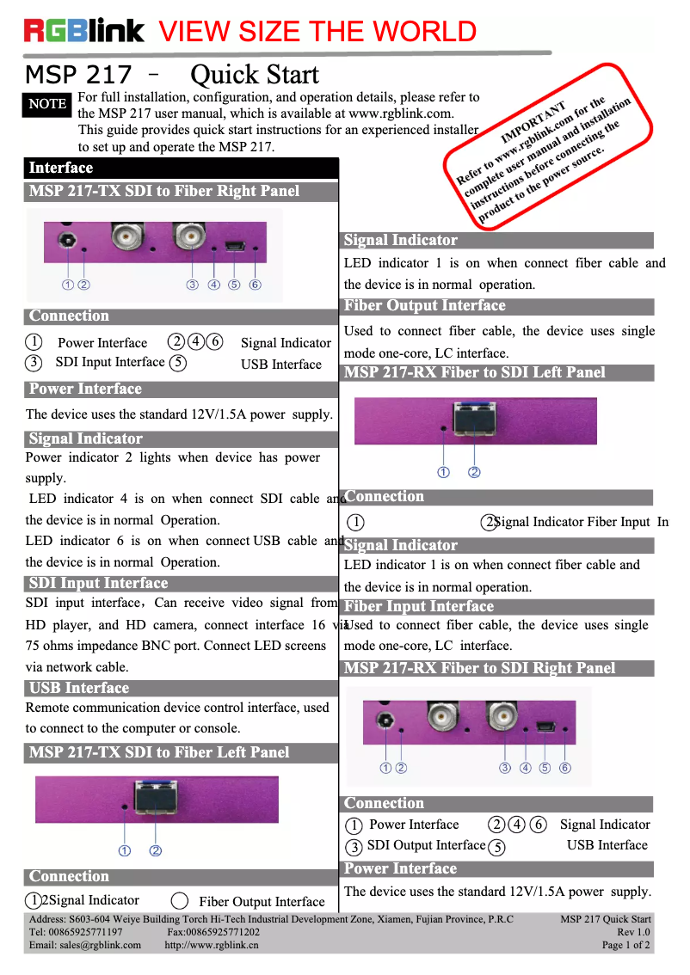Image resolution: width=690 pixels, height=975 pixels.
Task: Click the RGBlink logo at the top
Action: tap(84, 31)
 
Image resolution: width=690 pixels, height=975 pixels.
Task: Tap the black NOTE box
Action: tap(47, 104)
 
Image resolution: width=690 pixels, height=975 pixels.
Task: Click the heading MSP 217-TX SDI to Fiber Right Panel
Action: tap(164, 191)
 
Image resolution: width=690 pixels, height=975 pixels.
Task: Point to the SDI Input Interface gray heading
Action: tap(98, 583)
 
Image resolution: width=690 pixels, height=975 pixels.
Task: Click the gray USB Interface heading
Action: tap(79, 688)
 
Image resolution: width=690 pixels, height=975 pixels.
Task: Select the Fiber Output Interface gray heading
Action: tap(425, 306)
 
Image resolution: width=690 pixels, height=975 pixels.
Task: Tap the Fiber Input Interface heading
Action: tap(419, 607)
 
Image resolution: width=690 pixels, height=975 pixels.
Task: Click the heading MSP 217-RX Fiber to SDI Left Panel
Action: tap(475, 372)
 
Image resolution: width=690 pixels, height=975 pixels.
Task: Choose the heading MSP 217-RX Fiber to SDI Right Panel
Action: tap(480, 668)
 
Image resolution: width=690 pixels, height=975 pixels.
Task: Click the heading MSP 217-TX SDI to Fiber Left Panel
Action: tap(159, 752)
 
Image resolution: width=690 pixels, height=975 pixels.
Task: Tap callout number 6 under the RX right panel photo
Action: tap(565, 768)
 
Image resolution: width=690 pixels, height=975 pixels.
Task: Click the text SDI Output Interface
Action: tap(426, 845)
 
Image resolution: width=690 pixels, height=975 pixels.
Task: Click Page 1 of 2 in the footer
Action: tap(625, 945)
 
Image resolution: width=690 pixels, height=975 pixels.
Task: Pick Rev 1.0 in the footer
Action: tap(633, 932)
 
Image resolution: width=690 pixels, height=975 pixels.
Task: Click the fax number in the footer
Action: tap(213, 932)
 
